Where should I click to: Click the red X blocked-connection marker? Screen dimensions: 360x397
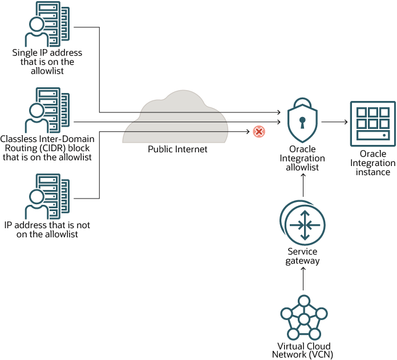tap(258, 132)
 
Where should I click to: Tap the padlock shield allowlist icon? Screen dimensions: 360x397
tap(302, 122)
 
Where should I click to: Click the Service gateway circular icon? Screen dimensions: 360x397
tap(302, 223)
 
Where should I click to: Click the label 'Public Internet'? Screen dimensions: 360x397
tap(177, 149)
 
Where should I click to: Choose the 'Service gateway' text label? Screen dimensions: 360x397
tap(303, 256)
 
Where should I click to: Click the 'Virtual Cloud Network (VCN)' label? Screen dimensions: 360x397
tap(303, 350)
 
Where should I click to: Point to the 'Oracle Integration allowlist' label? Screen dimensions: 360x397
tap(303, 159)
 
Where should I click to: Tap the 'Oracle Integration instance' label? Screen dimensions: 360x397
tap(373, 163)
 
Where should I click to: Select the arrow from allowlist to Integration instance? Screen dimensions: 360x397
tap(334, 122)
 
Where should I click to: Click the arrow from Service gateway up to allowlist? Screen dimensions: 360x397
tap(303, 185)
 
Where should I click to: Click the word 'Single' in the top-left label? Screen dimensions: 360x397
tap(23, 53)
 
